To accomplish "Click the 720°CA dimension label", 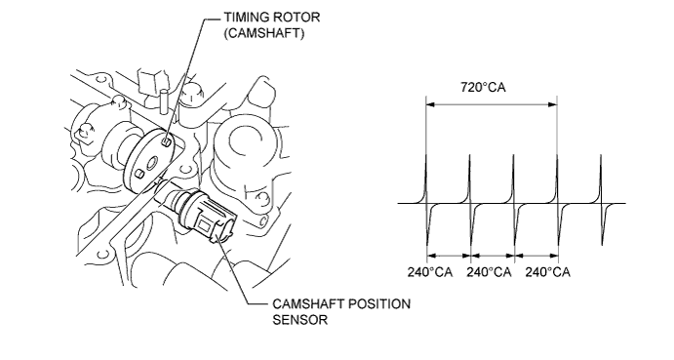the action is (x=483, y=87).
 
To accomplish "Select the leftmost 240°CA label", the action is (x=430, y=272).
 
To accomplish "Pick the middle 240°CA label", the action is (x=489, y=272).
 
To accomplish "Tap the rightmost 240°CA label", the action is (x=547, y=272).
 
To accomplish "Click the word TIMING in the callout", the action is (x=244, y=18).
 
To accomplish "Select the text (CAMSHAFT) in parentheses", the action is (x=264, y=33).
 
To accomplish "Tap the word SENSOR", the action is (x=300, y=320).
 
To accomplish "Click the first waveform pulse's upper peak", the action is (x=426, y=156).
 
